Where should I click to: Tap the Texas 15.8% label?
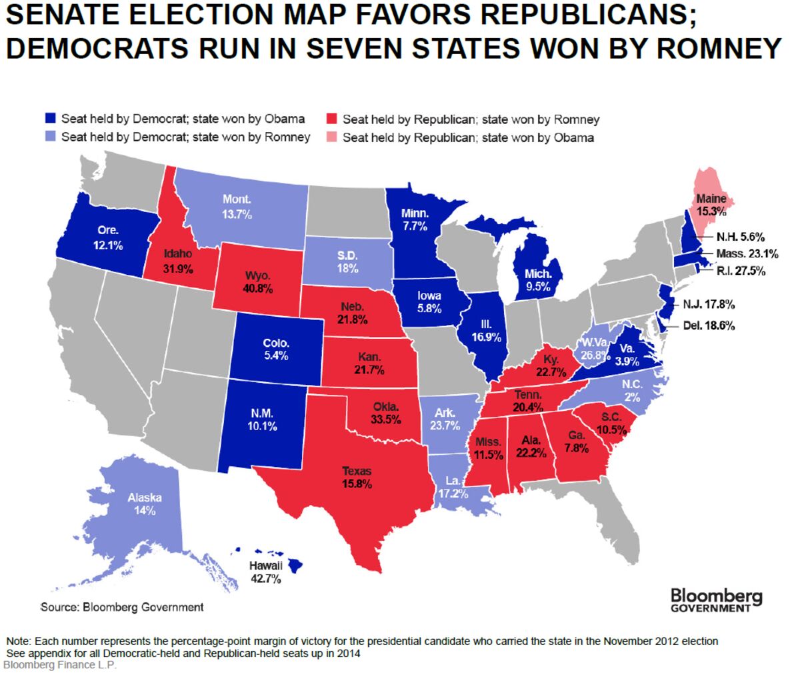[357, 478]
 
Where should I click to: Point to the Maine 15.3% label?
[711, 205]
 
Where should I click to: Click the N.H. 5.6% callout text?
[740, 237]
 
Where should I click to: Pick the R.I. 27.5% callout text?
[741, 271]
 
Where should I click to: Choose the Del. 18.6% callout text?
[709, 326]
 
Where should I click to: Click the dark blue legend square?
[51, 119]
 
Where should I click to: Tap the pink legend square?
[332, 138]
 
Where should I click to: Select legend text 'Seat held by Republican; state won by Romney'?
[471, 120]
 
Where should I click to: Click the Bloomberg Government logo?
[716, 599]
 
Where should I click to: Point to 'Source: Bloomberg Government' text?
[122, 607]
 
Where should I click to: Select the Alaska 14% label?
[145, 504]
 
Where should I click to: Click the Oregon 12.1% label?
[108, 238]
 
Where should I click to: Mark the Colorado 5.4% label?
[276, 350]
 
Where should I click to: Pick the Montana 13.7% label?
[237, 207]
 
